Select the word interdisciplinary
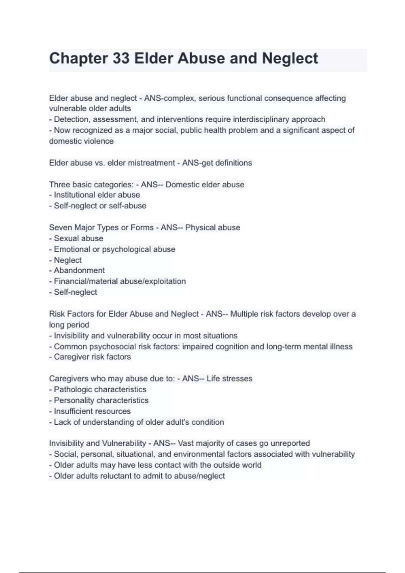pyautogui.click(x=261, y=119)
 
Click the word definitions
pyautogui.click(x=234, y=163)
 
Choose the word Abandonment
pyautogui.click(x=79, y=270)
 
